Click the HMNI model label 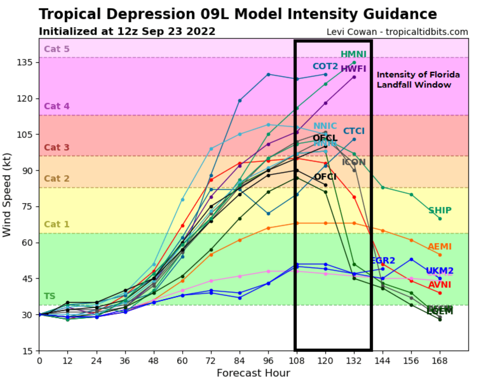click(353, 54)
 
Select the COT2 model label click(325, 66)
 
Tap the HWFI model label click(353, 69)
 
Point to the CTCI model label click(354, 131)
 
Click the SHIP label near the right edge click(440, 210)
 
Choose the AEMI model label click(440, 246)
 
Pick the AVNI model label click(440, 285)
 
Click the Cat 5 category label click(56, 49)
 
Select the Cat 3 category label click(56, 147)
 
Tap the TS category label click(49, 296)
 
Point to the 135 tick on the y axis click(25, 62)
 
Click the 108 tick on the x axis click(297, 361)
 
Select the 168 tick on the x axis click(440, 361)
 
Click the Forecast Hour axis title click(253, 373)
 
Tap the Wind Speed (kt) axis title click(7, 195)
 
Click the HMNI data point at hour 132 click(354, 63)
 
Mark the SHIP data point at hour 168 click(440, 219)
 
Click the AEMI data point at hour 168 click(440, 255)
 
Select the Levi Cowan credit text click(397, 32)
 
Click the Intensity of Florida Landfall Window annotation click(418, 79)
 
